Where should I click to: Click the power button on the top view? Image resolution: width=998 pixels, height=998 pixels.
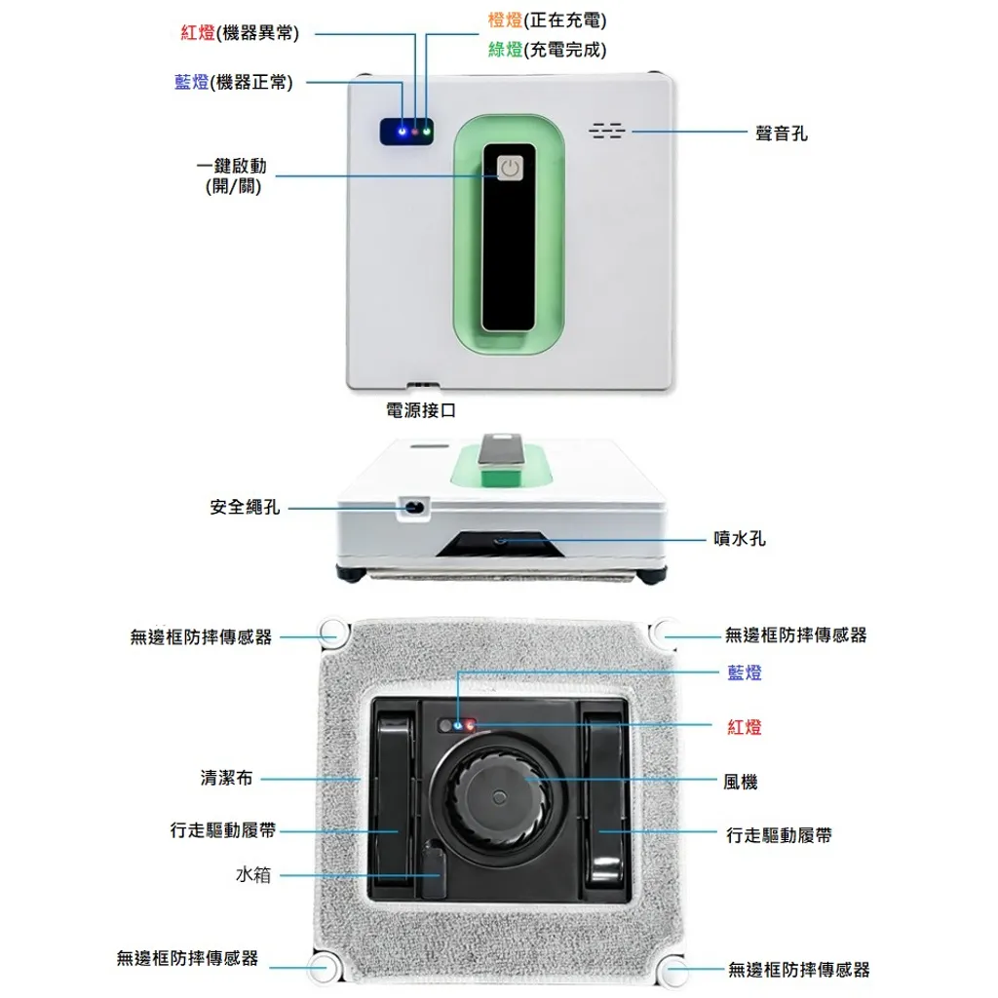tap(509, 168)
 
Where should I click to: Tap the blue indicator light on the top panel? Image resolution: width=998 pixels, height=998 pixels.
tap(402, 132)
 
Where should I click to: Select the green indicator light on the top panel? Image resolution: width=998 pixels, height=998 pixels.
tap(427, 132)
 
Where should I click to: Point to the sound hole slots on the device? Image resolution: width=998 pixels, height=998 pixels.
tap(606, 131)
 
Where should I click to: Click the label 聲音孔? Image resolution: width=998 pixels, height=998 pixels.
tap(781, 134)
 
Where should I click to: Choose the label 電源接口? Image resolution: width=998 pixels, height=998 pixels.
tap(421, 410)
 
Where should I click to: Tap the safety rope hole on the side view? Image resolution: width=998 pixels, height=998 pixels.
tap(414, 508)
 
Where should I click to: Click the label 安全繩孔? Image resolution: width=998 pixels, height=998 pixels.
tap(245, 507)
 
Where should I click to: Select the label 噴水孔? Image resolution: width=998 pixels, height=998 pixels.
tap(740, 538)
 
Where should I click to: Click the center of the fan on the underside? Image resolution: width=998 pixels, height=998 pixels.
tap(500, 797)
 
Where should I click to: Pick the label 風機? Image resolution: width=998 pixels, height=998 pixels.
tap(741, 782)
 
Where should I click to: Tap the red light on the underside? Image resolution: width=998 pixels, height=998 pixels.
tap(470, 725)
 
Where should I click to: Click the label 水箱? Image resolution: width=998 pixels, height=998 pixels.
tap(253, 874)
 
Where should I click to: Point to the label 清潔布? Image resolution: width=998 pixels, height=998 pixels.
tap(226, 778)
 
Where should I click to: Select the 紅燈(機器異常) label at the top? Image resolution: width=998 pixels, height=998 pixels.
tap(240, 32)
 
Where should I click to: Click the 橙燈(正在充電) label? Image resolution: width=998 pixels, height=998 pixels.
tap(548, 20)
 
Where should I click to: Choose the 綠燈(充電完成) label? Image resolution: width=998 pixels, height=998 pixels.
tap(548, 50)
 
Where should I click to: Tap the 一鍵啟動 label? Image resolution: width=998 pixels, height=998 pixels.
tap(232, 166)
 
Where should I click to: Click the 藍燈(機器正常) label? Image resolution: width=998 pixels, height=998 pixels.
tap(234, 82)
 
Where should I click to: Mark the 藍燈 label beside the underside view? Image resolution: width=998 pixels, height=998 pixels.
tap(745, 672)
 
